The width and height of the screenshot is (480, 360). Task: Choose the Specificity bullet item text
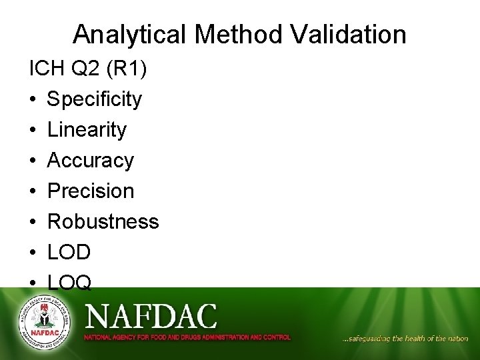(94, 99)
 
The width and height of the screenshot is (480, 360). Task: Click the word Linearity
(87, 130)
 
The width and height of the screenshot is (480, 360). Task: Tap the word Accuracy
(91, 161)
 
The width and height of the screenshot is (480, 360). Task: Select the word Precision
(91, 191)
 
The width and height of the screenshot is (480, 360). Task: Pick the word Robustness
(103, 221)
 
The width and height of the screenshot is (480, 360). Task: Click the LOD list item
(69, 252)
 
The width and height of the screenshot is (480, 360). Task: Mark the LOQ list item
(69, 283)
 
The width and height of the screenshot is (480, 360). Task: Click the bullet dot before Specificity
(33, 100)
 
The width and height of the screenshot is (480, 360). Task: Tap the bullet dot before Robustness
(33, 222)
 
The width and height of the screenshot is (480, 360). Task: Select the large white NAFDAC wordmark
(151, 315)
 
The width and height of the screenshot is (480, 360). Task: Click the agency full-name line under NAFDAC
(187, 337)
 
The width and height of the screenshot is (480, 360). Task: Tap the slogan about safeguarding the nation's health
(405, 339)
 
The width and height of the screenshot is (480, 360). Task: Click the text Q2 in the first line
(83, 69)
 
